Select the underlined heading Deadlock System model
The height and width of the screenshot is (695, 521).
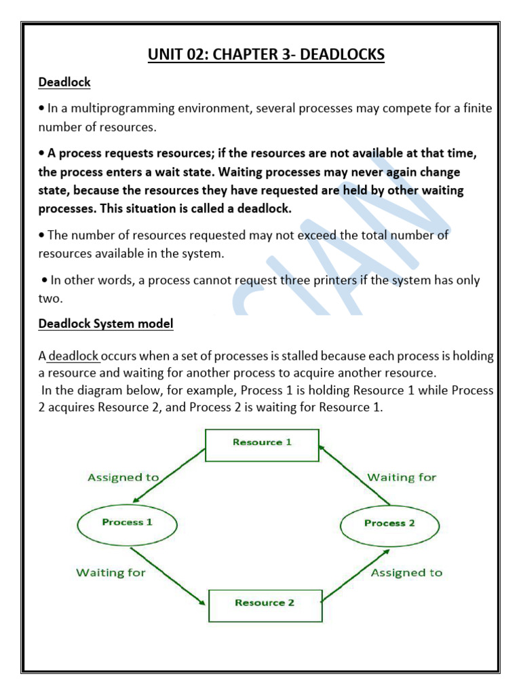click(x=106, y=324)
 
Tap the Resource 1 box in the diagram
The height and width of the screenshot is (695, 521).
click(x=262, y=442)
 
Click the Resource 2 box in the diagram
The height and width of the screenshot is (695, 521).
click(x=265, y=603)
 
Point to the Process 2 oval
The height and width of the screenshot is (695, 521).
click(x=389, y=523)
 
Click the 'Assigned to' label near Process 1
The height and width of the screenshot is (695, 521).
click(x=123, y=477)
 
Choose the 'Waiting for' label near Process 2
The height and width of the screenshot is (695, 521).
click(x=402, y=477)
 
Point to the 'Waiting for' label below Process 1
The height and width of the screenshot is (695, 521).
click(x=111, y=572)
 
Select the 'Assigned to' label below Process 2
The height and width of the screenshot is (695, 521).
click(x=406, y=572)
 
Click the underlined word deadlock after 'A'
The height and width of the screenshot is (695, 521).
click(x=74, y=356)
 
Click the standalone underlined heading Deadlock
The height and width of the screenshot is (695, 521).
click(x=64, y=82)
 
